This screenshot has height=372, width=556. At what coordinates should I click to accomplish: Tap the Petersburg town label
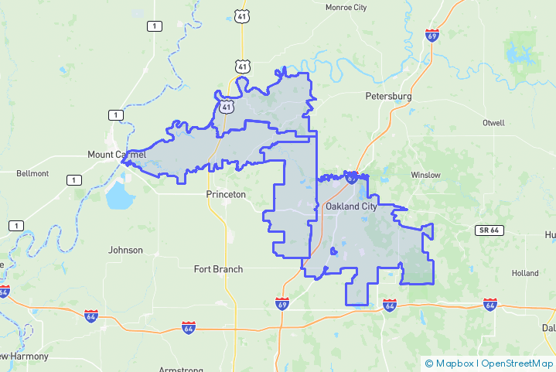[x=388, y=97]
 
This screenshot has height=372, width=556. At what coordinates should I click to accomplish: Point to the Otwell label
[x=493, y=123]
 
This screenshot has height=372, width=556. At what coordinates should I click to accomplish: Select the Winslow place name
[x=425, y=175]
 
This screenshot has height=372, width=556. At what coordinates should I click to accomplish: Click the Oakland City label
[x=351, y=206]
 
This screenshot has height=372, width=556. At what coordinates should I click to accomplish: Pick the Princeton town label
[x=226, y=194]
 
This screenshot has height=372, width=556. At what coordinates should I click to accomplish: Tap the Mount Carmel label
[x=117, y=155]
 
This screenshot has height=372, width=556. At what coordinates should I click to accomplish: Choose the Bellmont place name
[x=32, y=173]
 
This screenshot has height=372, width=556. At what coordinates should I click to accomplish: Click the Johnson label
[x=125, y=250]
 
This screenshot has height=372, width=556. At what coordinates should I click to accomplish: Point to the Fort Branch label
[x=218, y=269]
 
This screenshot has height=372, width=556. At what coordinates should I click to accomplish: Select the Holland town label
[x=524, y=273]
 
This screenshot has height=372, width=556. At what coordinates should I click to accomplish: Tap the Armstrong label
[x=181, y=369]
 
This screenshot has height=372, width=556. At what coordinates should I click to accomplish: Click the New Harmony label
[x=24, y=357]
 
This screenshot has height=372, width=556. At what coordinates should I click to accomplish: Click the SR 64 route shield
[x=489, y=230]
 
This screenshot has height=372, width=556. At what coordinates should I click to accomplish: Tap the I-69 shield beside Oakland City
[x=352, y=178]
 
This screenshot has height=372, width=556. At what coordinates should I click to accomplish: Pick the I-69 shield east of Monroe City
[x=432, y=35]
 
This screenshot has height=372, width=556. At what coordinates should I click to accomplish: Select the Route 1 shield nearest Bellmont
[x=73, y=180]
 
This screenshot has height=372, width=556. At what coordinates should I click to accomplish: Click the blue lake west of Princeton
[x=120, y=197]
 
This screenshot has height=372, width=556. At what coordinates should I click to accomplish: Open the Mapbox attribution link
[x=452, y=363]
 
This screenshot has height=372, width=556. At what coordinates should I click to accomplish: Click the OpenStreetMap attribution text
[x=517, y=363]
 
